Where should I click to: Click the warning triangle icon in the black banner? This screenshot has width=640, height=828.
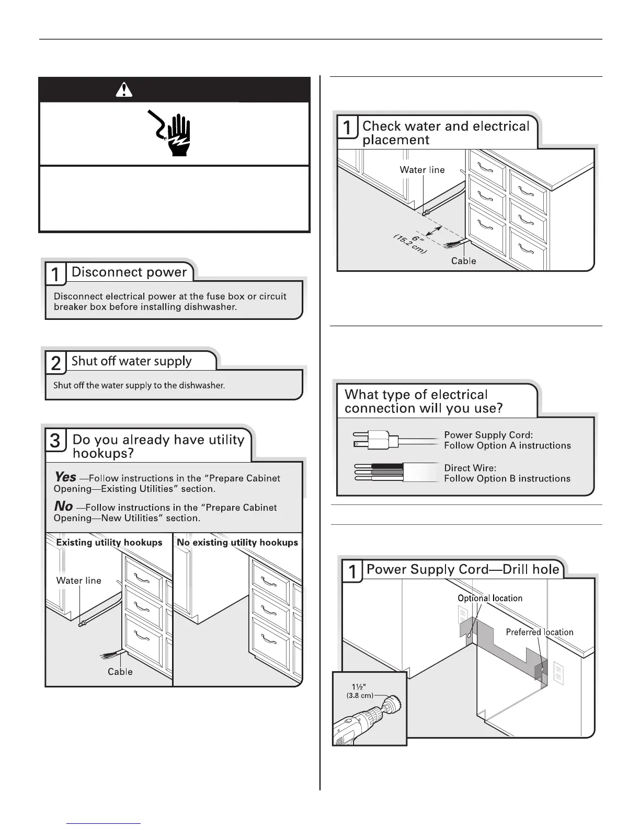click(123, 90)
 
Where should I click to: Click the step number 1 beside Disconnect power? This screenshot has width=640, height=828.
click(55, 274)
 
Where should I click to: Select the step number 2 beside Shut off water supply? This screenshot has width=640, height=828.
click(55, 363)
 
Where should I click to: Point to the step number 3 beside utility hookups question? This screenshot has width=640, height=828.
click(55, 441)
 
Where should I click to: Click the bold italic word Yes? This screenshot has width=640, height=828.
click(65, 477)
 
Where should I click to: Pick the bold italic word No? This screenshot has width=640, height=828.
click(63, 506)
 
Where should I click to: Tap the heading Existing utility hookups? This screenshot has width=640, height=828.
click(109, 543)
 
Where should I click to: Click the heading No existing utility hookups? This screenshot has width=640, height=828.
click(237, 543)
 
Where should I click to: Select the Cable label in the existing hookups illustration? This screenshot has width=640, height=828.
click(120, 672)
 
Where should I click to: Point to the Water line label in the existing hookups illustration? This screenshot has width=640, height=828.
click(79, 580)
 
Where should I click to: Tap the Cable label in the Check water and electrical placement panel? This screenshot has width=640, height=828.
click(464, 261)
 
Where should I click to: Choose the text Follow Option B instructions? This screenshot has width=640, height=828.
click(507, 478)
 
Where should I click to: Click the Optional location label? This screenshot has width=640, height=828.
click(490, 598)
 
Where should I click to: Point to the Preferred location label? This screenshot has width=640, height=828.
click(540, 632)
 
